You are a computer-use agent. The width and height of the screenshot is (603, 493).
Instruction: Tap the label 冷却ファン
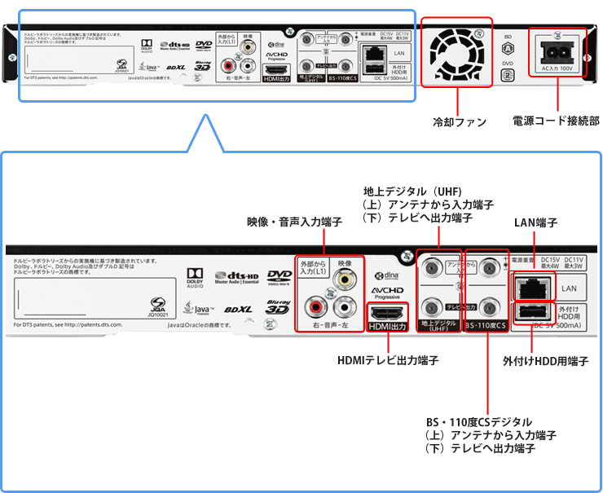[459, 121]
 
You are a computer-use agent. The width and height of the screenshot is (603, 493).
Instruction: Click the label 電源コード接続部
[556, 121]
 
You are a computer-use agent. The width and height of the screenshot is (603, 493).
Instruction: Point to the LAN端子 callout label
[535, 221]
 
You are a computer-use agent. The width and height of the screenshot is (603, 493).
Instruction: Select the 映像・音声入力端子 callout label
[294, 221]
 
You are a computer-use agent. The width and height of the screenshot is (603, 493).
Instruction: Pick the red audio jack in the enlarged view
[315, 308]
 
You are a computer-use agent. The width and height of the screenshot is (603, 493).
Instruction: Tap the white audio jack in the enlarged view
[347, 308]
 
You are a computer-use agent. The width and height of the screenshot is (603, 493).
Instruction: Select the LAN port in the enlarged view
[535, 288]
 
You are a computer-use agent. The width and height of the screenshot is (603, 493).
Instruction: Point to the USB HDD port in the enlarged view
[535, 314]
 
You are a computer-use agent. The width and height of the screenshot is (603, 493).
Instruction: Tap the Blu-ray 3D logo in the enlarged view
[278, 308]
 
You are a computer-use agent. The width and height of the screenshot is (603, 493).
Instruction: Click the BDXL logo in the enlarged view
[237, 310]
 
